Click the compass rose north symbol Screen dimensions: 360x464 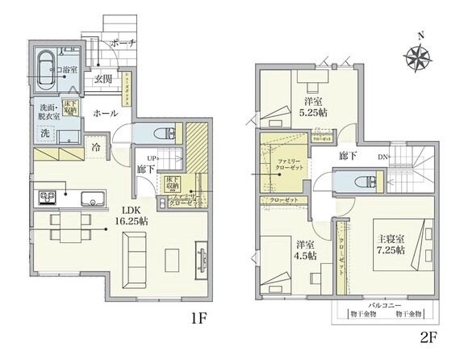tap(418, 57)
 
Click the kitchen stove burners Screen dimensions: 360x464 tap(45, 194)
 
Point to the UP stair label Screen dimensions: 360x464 tap(151, 157)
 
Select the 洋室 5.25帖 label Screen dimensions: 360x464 tap(315, 108)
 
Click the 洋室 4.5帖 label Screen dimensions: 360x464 tap(305, 250)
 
